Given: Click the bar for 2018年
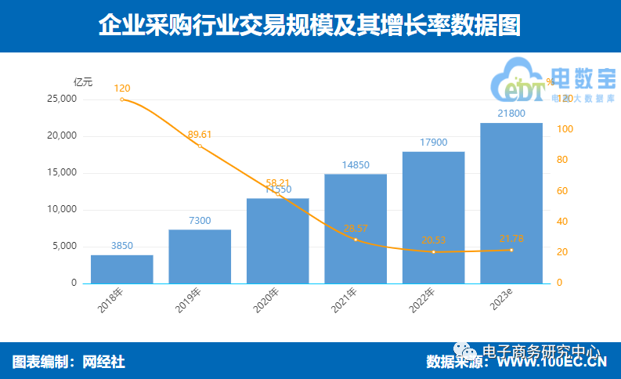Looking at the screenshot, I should pyautogui.click(x=121, y=269).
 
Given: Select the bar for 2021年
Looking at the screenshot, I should pyautogui.click(x=356, y=228).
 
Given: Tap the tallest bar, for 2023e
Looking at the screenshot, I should pyautogui.click(x=511, y=203).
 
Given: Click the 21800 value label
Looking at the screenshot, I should pyautogui.click(x=511, y=114).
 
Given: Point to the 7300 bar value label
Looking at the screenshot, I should pyautogui.click(x=200, y=221).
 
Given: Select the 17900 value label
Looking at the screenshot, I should pyautogui.click(x=433, y=143).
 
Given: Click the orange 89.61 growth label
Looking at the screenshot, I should pyautogui.click(x=200, y=135).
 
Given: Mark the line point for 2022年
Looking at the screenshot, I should pyautogui.click(x=433, y=252).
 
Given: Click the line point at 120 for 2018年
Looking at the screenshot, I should pyautogui.click(x=122, y=99).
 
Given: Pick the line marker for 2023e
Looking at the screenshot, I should pyautogui.click(x=511, y=250).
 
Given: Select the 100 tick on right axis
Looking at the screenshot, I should pyautogui.click(x=564, y=129).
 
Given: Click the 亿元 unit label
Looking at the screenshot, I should pyautogui.click(x=83, y=81).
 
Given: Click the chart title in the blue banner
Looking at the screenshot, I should pyautogui.click(x=309, y=26).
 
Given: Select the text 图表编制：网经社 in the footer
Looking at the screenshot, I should pyautogui.click(x=69, y=362).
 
